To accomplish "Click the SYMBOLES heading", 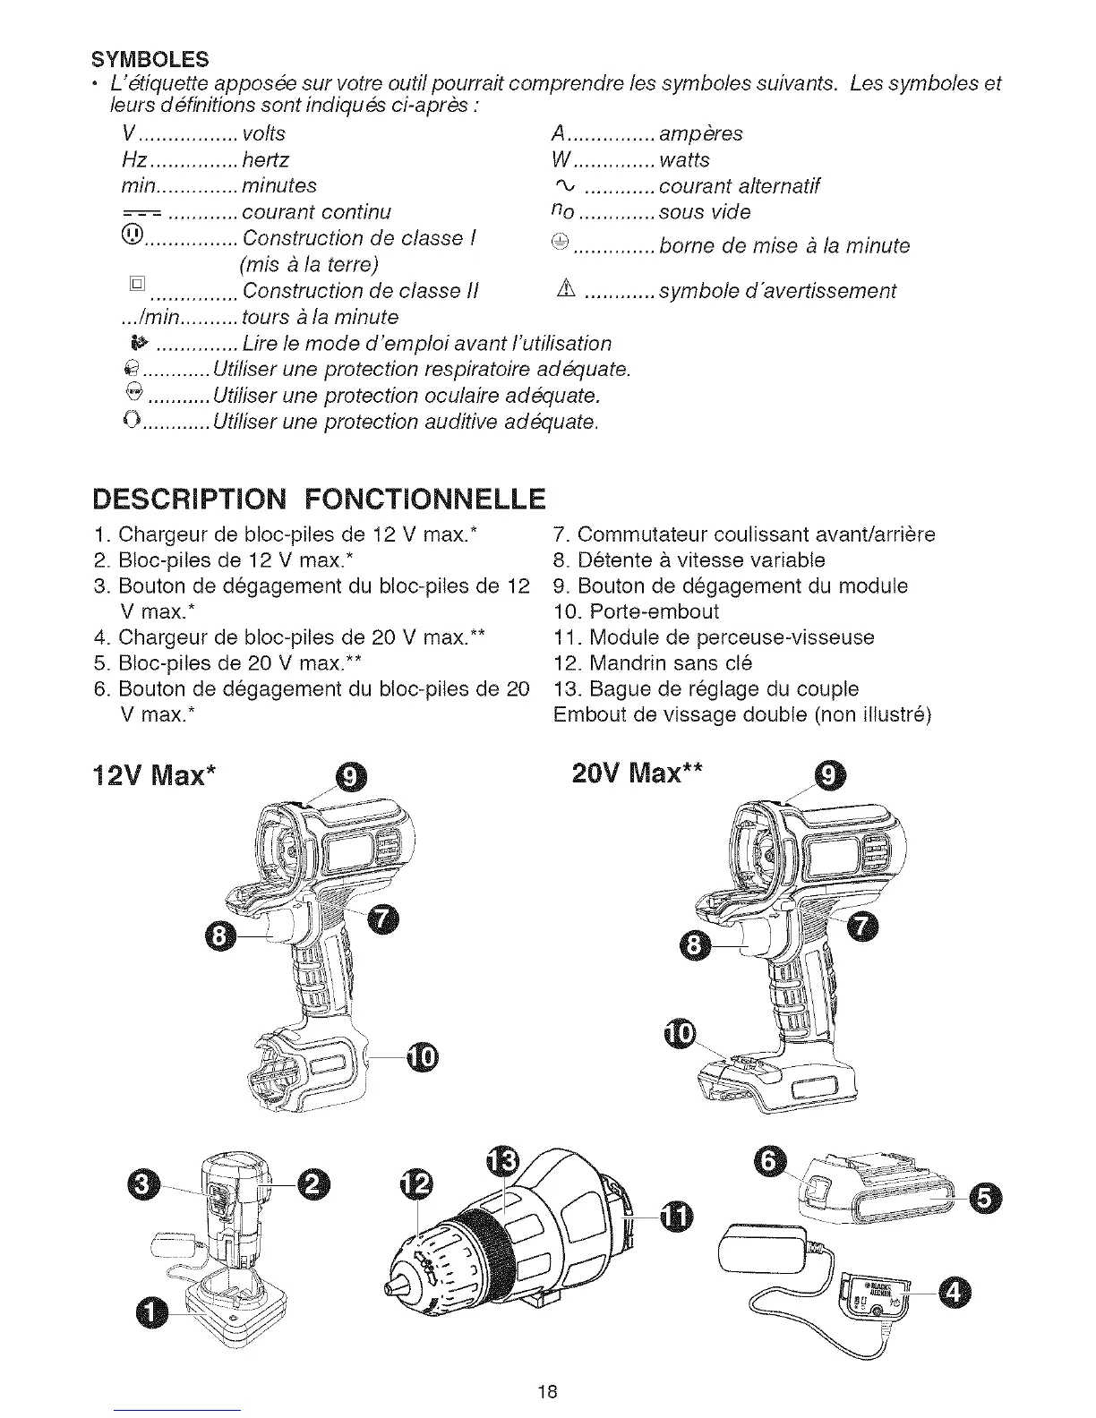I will point(150,60).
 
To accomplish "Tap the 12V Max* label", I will point(159,774).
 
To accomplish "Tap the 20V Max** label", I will point(637,772).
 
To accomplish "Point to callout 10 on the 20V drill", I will point(681,1034).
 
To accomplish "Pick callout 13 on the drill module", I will point(501,1163).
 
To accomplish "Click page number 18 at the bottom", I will point(548,1391).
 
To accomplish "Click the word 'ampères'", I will point(700,134).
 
